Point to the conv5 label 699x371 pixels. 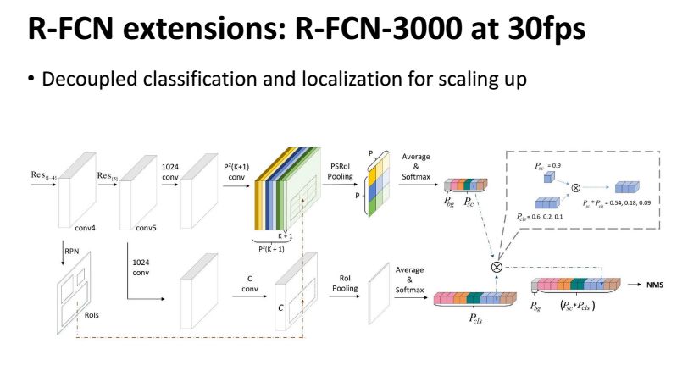click(x=147, y=228)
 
